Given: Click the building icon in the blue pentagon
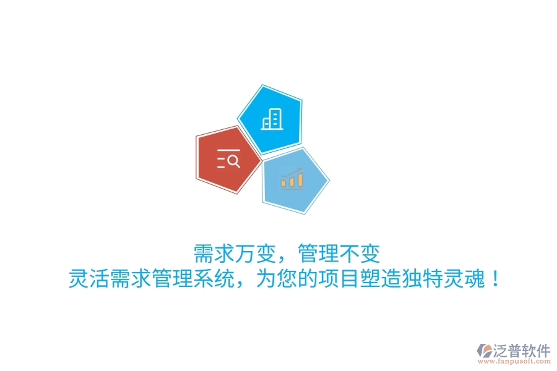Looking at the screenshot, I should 271,119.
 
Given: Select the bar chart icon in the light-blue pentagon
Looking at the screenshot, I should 291,179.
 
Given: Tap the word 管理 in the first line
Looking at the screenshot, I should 317,254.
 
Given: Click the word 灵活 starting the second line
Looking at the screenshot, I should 89,279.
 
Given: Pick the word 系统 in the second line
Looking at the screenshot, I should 212,279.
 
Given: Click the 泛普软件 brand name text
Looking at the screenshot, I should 522,351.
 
